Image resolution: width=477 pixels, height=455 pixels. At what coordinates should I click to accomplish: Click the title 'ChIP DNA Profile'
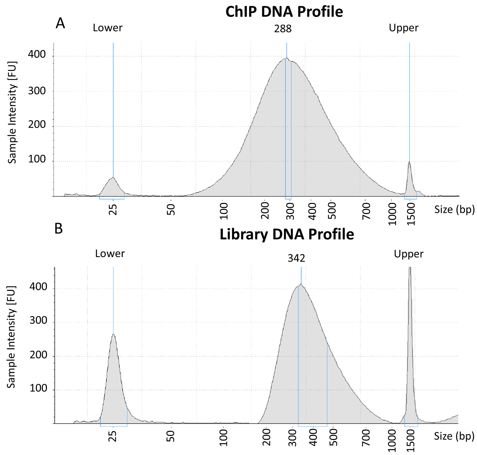[284, 12]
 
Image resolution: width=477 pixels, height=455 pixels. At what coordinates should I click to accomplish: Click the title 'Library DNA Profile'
[287, 234]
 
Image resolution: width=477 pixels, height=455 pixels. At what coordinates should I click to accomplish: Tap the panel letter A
[60, 23]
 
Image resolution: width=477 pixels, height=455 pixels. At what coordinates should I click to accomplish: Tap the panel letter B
[58, 229]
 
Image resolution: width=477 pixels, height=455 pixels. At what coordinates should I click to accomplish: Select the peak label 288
[283, 29]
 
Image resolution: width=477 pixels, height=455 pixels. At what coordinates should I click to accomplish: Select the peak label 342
[296, 258]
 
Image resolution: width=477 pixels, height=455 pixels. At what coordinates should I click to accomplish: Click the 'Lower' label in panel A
[108, 28]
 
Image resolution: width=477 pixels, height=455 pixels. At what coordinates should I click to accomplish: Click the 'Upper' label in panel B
[408, 254]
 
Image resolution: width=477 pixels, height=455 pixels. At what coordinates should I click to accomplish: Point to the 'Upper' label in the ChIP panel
[404, 28]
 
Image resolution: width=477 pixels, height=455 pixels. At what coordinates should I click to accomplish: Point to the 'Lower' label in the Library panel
[110, 253]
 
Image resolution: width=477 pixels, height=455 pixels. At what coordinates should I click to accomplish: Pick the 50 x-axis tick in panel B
[171, 436]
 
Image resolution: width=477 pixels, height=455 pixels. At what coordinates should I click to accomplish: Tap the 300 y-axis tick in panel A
[37, 91]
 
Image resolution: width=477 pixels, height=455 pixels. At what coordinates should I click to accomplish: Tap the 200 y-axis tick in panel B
[38, 355]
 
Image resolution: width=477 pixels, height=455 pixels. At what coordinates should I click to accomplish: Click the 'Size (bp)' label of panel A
[454, 209]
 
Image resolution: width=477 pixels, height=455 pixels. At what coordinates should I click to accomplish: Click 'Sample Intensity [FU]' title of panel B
[11, 337]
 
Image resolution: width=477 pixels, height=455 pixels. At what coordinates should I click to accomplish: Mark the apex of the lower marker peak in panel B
[113, 334]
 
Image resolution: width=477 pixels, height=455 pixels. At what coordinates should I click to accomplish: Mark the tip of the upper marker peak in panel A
[409, 162]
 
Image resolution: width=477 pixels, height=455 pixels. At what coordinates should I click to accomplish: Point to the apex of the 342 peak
[301, 284]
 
